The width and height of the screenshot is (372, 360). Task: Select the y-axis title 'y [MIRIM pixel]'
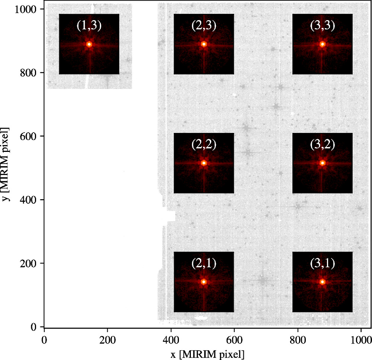6,164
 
